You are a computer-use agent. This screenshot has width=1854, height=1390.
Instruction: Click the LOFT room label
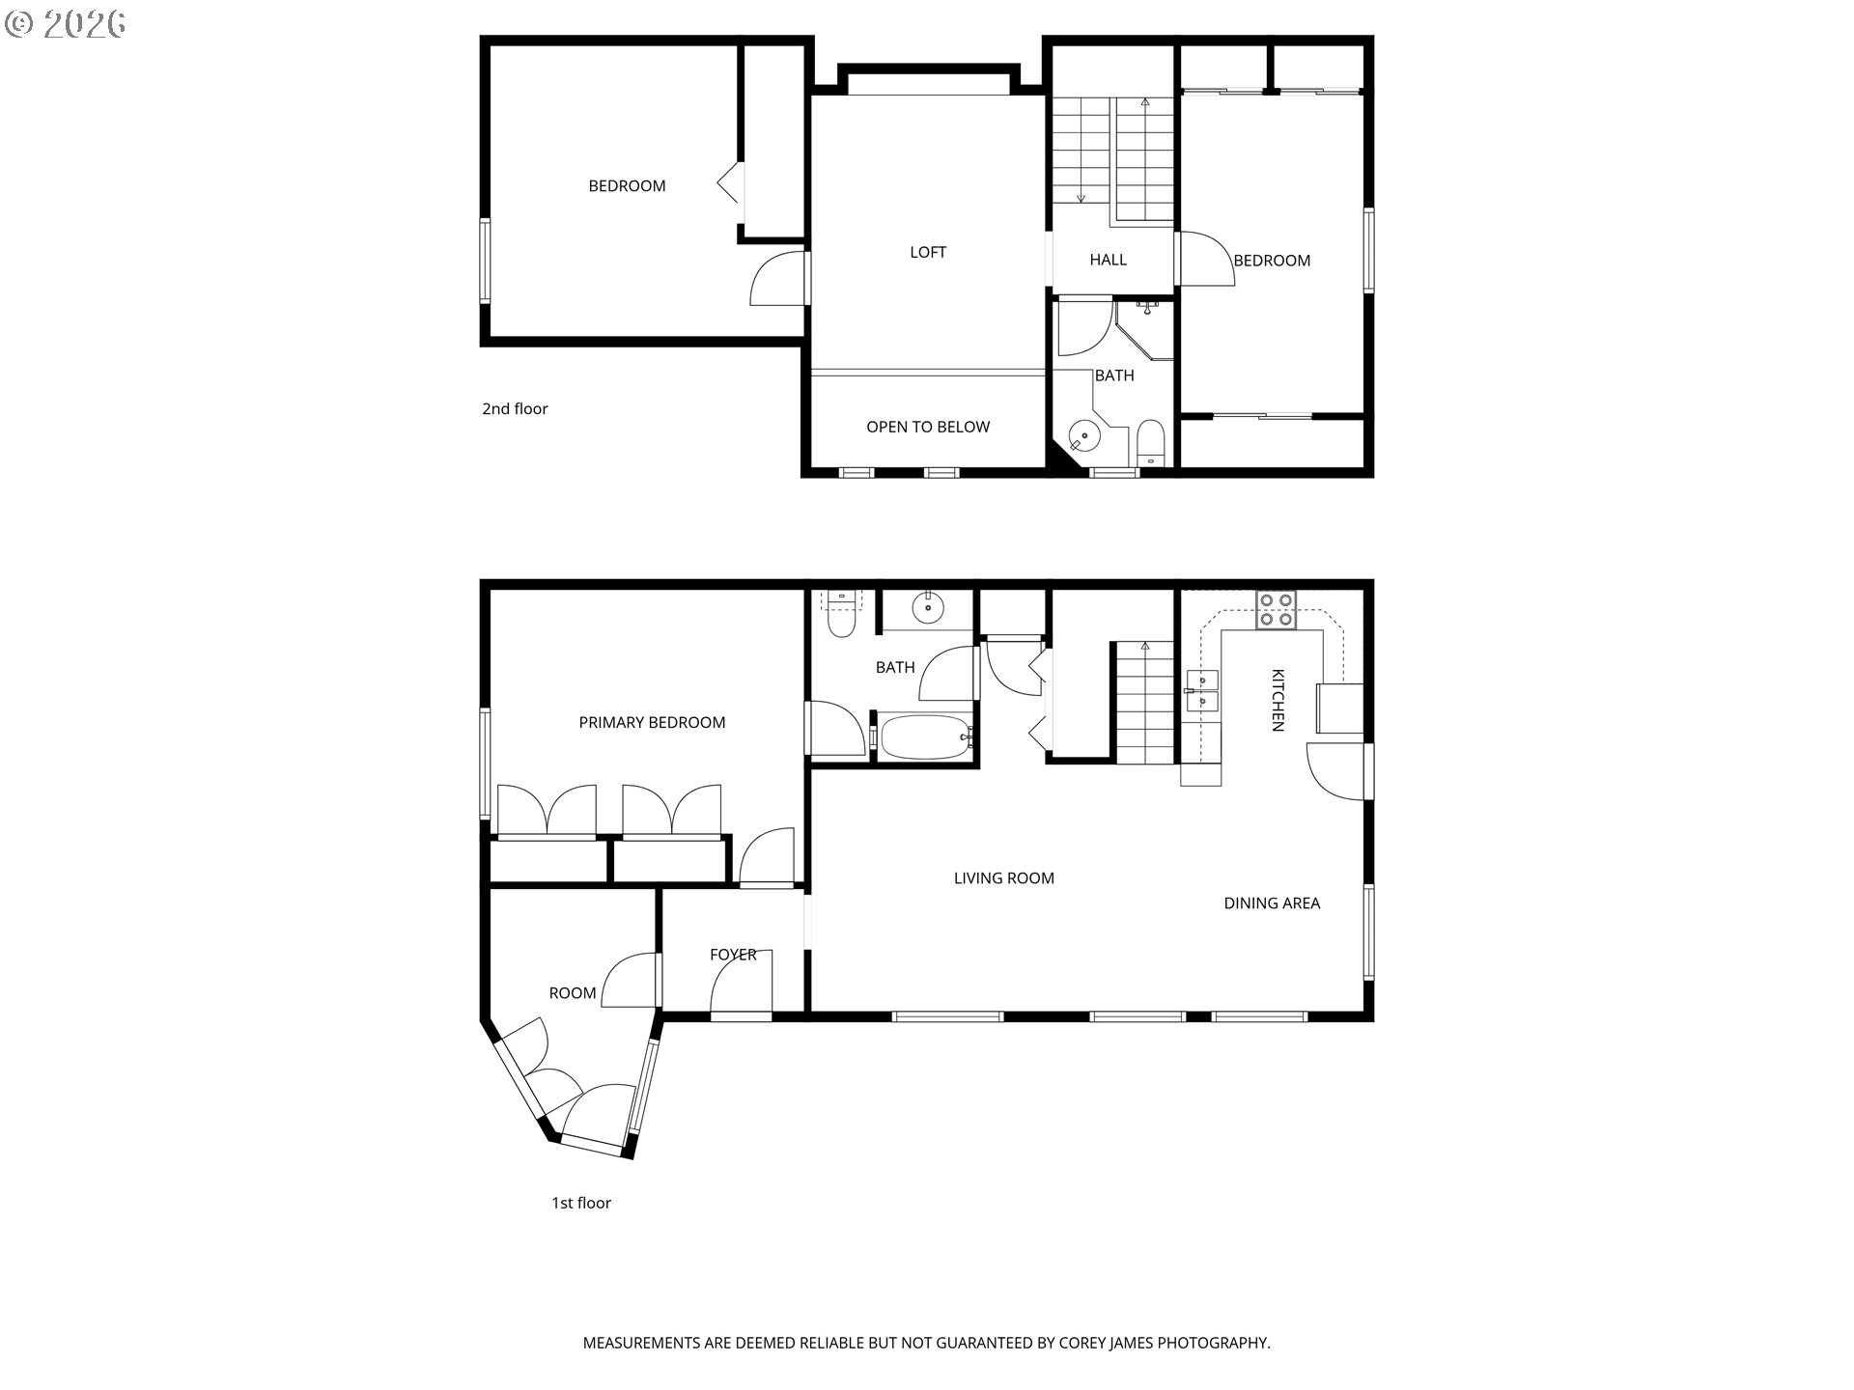point(927,252)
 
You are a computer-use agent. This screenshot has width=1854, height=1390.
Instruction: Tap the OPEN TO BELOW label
point(927,427)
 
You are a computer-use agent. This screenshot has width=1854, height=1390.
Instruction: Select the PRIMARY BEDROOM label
point(652,722)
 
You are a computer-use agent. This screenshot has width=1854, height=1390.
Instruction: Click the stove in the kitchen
point(1276,611)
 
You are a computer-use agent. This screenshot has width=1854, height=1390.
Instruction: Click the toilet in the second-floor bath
point(1151,444)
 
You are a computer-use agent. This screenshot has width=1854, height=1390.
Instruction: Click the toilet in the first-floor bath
point(842,618)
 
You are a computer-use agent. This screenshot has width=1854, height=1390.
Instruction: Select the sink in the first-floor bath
point(929,607)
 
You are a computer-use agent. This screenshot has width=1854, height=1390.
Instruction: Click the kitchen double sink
point(1202,691)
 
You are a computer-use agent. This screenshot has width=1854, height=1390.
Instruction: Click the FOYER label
point(733,954)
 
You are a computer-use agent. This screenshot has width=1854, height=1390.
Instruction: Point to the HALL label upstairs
point(1108,260)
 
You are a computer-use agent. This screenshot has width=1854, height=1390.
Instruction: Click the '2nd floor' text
point(515,408)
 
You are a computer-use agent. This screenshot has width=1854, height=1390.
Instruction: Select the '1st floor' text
point(580,1203)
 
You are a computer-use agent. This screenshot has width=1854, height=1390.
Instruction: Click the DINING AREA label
point(1271,903)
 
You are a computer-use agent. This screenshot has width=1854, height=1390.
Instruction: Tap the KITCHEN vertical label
point(1277,700)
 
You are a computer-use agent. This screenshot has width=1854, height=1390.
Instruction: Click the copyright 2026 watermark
point(65,23)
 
